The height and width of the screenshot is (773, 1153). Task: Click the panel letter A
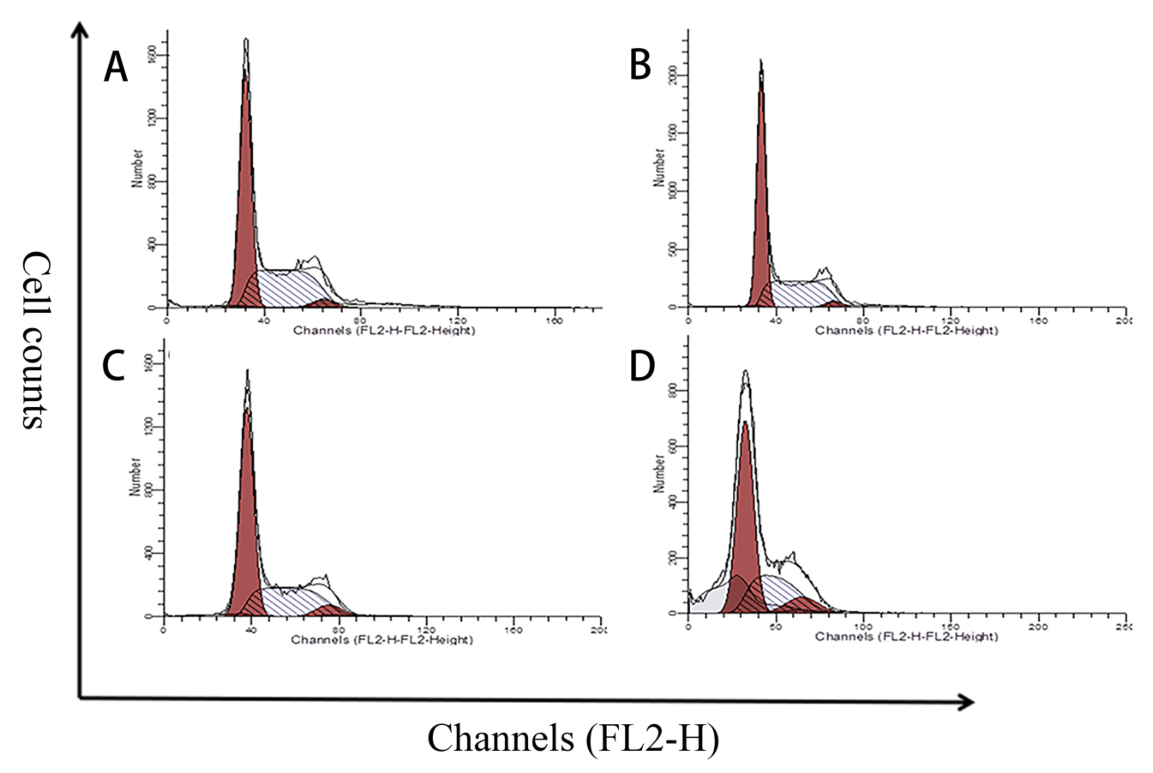coord(115,68)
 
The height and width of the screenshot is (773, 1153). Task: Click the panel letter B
coord(640,66)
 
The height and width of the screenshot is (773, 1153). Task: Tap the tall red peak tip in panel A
coord(245,72)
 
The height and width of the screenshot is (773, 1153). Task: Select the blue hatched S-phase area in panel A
coord(286,288)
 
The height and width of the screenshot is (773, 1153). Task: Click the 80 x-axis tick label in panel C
coord(338,630)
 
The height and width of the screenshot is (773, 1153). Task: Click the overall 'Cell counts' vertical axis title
coord(36,340)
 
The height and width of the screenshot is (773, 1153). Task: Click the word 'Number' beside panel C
coord(135,477)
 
